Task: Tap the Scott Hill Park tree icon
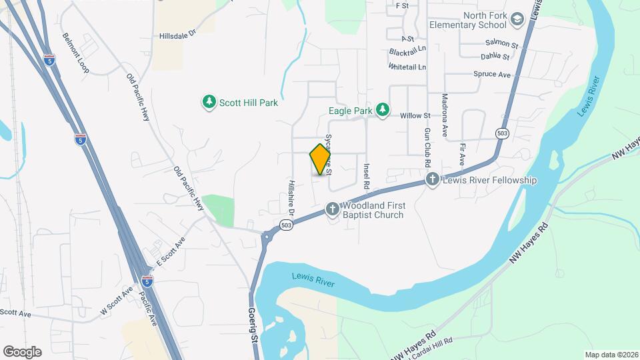pos(209,102)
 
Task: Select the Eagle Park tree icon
pos(382,109)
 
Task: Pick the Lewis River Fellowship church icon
pos(433,180)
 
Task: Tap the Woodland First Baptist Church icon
pos(333,210)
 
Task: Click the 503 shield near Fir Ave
pos(502,134)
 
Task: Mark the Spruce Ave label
pos(491,74)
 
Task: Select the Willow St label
pos(415,115)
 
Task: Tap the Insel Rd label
pos(366,174)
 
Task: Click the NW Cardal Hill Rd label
pos(423,349)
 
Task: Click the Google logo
pos(22,351)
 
